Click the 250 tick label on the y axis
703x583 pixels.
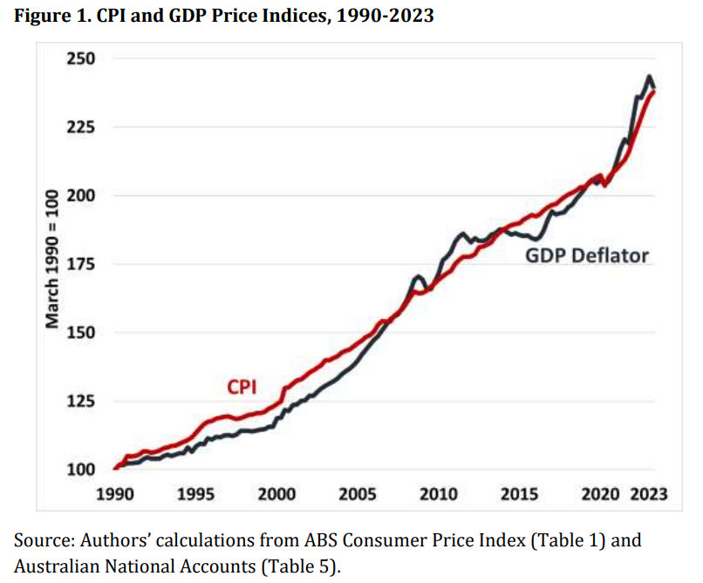coord(86,58)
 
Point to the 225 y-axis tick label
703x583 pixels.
coord(86,127)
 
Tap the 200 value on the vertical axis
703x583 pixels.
coord(86,195)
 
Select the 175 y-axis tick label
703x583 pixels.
coord(86,264)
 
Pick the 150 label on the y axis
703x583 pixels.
coord(86,333)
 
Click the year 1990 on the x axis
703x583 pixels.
coord(116,495)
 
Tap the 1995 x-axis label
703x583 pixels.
coord(196,495)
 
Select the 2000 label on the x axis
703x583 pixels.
coord(277,495)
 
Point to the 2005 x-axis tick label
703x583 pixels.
coord(358,495)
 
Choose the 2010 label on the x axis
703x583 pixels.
coord(439,495)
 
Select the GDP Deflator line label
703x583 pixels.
coord(586,256)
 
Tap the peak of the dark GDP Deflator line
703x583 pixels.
coord(649,77)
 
